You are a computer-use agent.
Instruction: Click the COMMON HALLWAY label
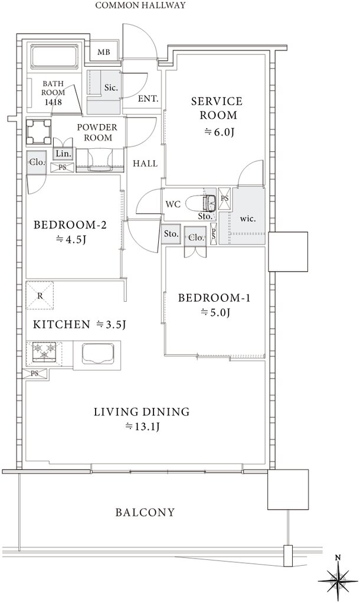(x=140, y=5)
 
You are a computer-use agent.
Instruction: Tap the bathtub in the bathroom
(x=54, y=57)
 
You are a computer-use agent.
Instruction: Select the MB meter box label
(x=103, y=52)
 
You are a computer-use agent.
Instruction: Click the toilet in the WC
(x=201, y=203)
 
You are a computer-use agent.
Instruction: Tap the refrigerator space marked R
(x=40, y=295)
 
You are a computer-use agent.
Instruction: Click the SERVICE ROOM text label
(x=217, y=108)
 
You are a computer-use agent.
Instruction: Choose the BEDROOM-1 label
(x=214, y=298)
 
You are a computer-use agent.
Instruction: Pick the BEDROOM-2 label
(x=70, y=224)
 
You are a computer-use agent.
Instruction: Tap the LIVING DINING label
(x=142, y=412)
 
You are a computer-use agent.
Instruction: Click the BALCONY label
(x=145, y=512)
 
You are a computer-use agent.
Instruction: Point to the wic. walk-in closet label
(x=248, y=219)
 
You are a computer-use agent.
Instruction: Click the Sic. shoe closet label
(x=111, y=87)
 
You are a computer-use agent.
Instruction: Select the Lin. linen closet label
(x=63, y=154)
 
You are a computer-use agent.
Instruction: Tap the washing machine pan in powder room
(x=39, y=132)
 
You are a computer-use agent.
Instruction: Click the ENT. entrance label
(x=148, y=99)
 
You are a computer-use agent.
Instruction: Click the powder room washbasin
(x=100, y=161)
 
